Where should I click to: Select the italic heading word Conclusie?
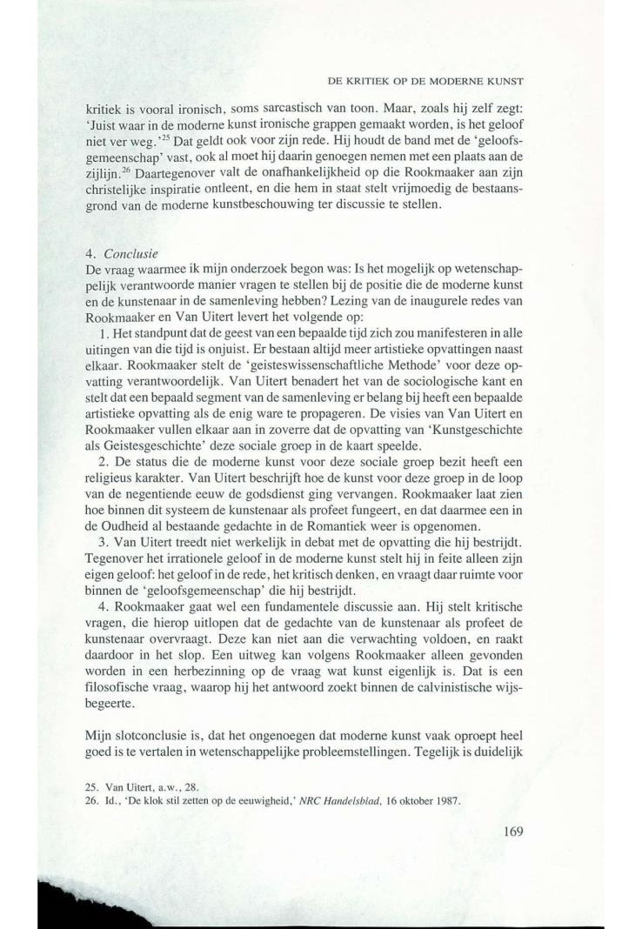[x=130, y=255]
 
